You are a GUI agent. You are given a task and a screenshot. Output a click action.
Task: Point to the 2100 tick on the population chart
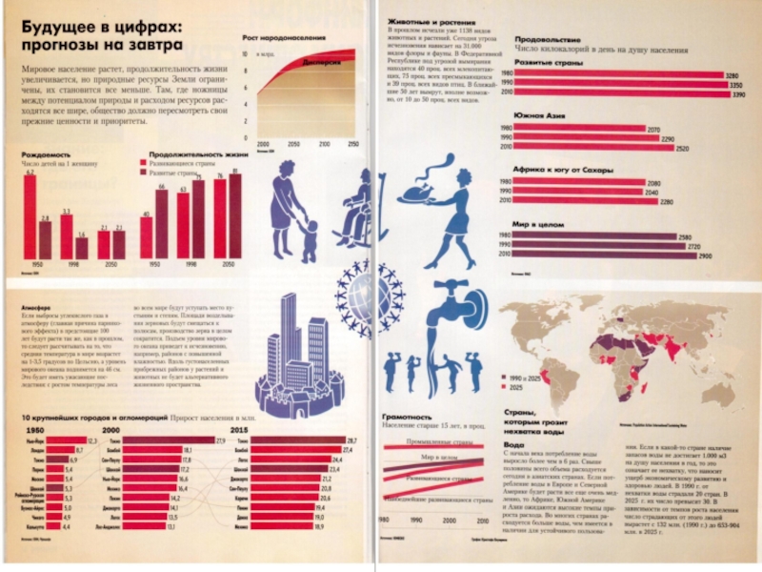325,143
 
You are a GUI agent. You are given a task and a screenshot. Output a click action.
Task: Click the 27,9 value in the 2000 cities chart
220,440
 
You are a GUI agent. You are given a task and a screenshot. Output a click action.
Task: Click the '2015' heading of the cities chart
241,430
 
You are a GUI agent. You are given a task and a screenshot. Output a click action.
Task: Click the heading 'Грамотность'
407,417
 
